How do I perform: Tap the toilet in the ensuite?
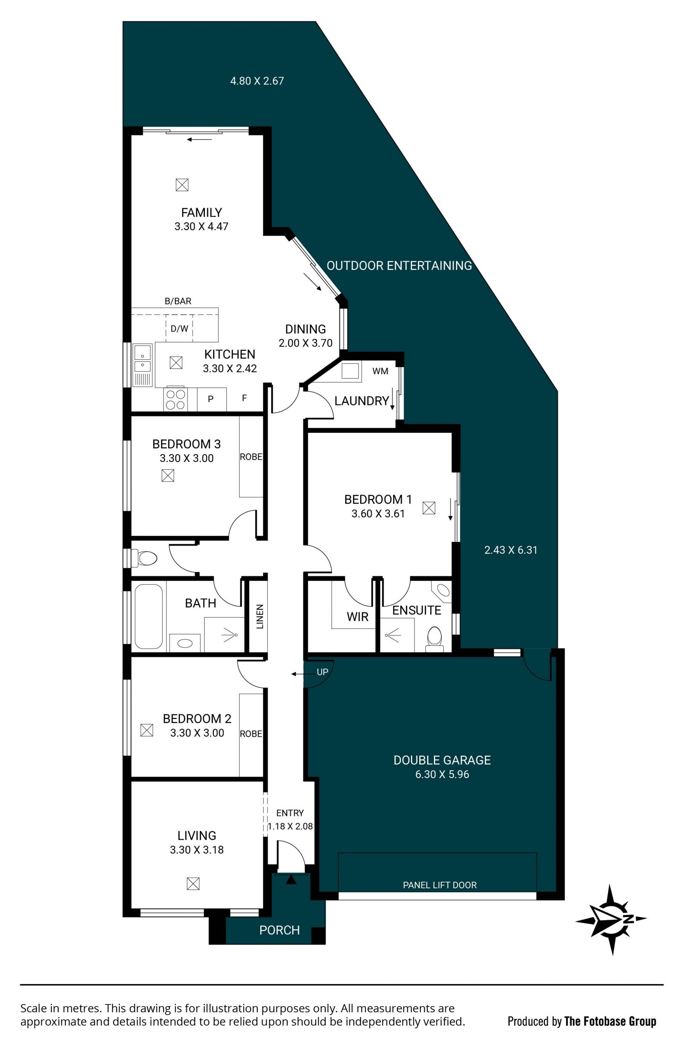[x=434, y=639]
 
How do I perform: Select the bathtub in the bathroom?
[x=149, y=617]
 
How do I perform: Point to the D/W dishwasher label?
[x=179, y=329]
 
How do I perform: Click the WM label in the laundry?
[x=380, y=371]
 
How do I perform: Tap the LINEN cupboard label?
[x=259, y=616]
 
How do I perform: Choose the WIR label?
[x=357, y=617]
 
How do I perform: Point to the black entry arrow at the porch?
[x=291, y=880]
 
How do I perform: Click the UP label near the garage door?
[x=322, y=672]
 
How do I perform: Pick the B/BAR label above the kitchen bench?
[x=178, y=301]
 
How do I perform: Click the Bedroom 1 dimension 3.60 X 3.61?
[x=378, y=514]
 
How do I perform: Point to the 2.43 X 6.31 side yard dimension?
[x=511, y=550]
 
